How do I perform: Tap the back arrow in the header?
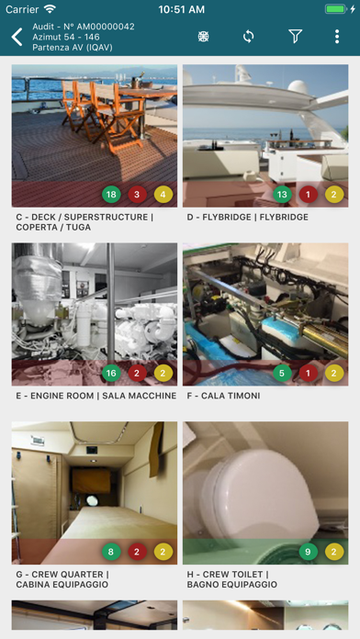point(17,37)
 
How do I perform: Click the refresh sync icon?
point(248,37)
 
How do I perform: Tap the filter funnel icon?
point(295,37)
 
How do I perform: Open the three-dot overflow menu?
point(337,37)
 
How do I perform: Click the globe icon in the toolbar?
point(204,37)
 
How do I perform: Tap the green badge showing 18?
point(111,195)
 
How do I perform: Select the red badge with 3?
point(138,195)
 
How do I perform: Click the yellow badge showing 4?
point(163,195)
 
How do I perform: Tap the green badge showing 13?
point(282,195)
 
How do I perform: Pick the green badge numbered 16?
point(111,373)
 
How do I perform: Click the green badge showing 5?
point(282,373)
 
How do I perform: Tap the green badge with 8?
point(111,552)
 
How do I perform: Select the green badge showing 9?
point(309,552)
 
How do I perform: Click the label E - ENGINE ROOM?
point(54,396)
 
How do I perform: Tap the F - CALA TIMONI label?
point(223,396)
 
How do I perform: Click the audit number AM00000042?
point(106,27)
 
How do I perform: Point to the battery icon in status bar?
point(336,9)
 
